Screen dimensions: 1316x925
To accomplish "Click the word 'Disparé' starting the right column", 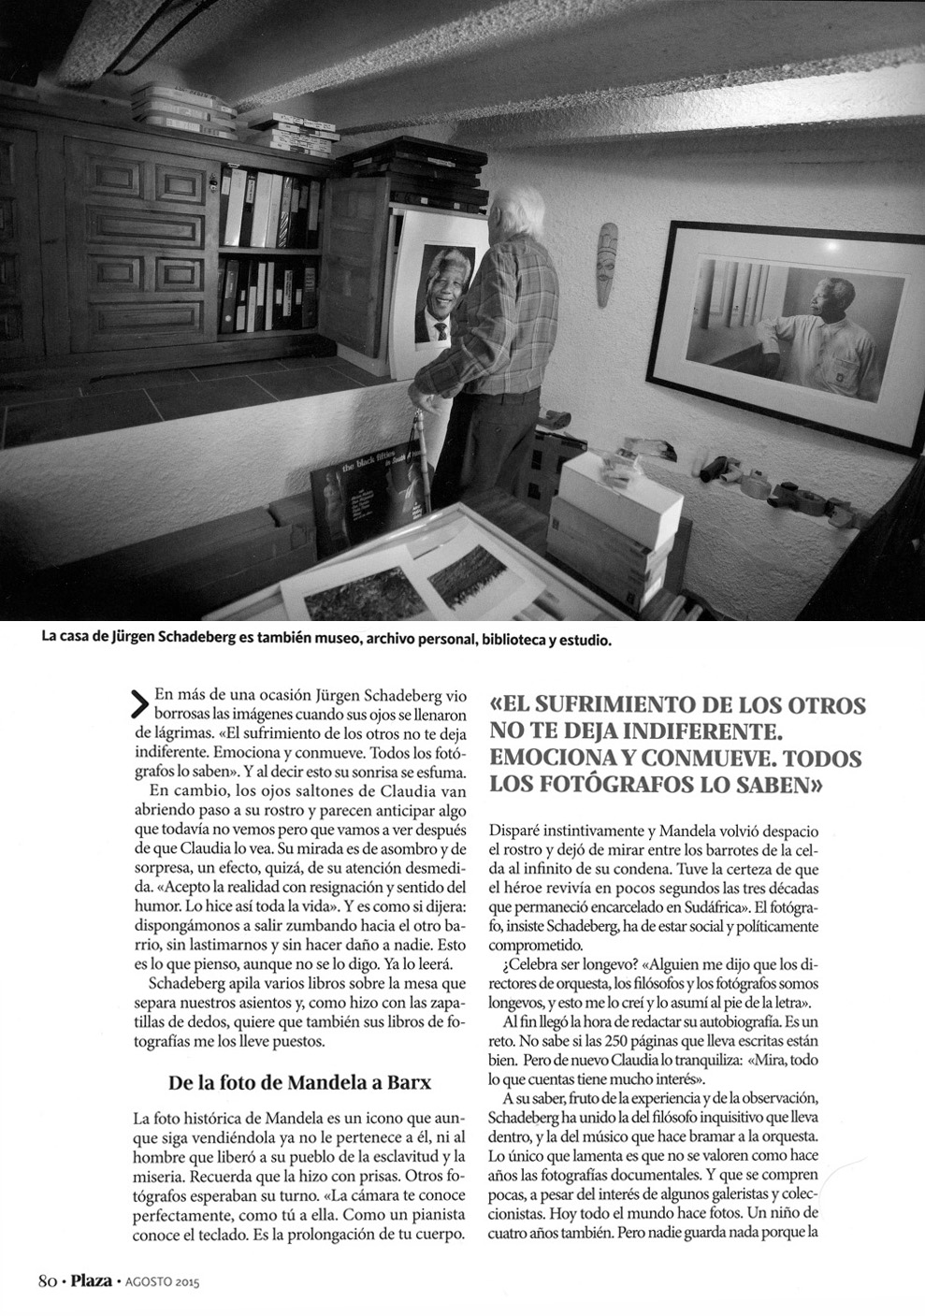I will pos(517,830).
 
